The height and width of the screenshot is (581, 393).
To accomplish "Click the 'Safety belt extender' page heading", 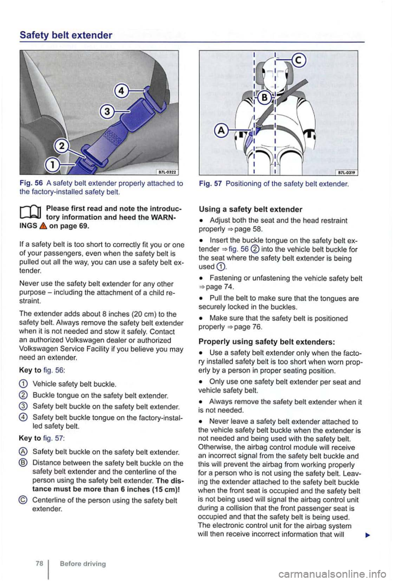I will [66, 35].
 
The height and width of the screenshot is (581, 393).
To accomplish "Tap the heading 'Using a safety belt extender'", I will [250, 209].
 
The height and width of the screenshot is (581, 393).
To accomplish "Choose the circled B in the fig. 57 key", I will [24, 463].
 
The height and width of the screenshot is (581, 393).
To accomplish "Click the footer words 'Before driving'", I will [82, 564].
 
